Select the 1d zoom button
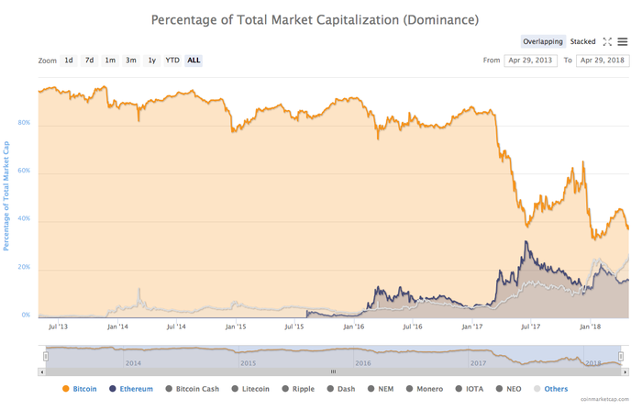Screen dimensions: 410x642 pyautogui.click(x=69, y=61)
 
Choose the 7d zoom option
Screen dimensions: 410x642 pyautogui.click(x=89, y=61)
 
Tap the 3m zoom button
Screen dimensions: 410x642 pyautogui.click(x=131, y=61)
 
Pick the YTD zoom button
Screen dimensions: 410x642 pyautogui.click(x=172, y=61)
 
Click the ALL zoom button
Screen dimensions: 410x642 pyautogui.click(x=194, y=61)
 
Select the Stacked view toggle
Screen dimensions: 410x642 pyautogui.click(x=582, y=41)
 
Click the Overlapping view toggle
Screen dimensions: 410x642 pyautogui.click(x=543, y=41)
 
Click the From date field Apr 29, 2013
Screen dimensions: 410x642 pyautogui.click(x=530, y=61)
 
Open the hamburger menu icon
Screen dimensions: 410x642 pyautogui.click(x=623, y=41)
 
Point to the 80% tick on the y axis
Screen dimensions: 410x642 pyautogui.click(x=24, y=123)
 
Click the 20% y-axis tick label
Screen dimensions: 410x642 pyautogui.click(x=24, y=267)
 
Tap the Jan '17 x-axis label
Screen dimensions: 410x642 pyautogui.click(x=472, y=326)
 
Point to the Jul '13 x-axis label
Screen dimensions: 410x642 pyautogui.click(x=57, y=326)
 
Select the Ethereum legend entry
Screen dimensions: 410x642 pyautogui.click(x=131, y=389)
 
